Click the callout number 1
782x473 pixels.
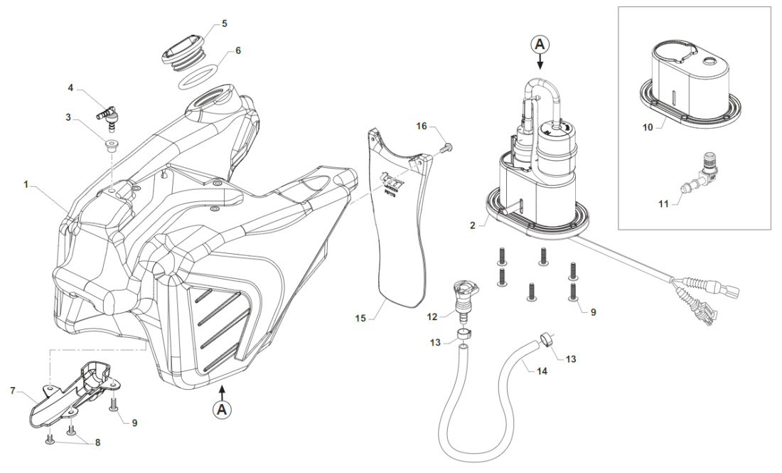(26, 184)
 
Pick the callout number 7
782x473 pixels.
(14, 390)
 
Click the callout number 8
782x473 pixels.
(97, 442)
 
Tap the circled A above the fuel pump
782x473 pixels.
(540, 44)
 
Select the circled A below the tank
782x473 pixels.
(223, 410)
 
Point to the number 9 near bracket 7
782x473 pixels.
(134, 422)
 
